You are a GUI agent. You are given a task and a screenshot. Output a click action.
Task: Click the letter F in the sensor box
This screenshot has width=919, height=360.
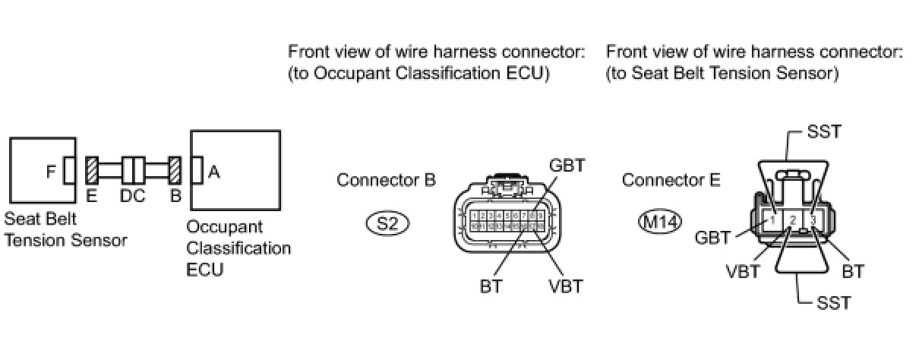coord(51,172)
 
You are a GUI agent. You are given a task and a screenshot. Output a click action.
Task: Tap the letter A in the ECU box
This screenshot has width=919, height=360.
coord(214,172)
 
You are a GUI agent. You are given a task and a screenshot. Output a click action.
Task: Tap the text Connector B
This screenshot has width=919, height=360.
coord(386,181)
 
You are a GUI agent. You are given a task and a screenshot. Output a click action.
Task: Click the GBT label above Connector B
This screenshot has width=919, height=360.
coord(569,166)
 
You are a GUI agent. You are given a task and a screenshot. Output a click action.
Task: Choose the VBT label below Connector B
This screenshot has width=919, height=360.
coord(565,287)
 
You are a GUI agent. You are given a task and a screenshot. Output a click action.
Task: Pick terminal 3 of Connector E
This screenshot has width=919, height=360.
coord(813,219)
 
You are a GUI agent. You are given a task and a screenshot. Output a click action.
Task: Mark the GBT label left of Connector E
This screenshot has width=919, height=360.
coord(712,238)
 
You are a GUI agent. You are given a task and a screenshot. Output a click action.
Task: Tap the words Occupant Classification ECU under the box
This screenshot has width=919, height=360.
coord(238,248)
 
